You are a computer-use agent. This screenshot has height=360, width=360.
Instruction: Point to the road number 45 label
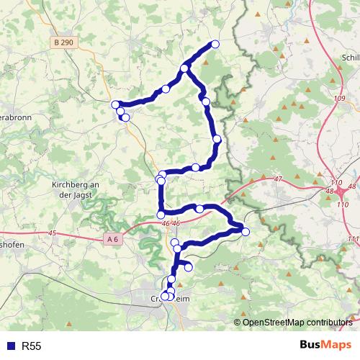(x=52, y=233)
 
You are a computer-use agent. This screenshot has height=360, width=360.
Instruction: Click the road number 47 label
(x=279, y=179)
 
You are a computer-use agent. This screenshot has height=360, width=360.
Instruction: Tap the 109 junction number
(x=340, y=97)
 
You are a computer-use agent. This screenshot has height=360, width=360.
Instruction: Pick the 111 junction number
(x=352, y=238)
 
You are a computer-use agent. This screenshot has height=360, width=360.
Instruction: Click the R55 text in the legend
(x=32, y=346)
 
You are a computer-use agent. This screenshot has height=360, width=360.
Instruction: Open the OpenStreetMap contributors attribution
(x=297, y=322)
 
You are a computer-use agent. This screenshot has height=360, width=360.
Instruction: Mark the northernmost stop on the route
(x=215, y=45)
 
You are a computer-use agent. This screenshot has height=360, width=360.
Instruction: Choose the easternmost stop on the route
(x=246, y=231)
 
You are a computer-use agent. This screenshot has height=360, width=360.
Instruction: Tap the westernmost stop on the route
(x=115, y=104)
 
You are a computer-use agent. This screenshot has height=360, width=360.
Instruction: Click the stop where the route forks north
(x=184, y=68)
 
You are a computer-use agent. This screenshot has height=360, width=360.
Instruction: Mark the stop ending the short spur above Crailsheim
(x=189, y=267)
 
